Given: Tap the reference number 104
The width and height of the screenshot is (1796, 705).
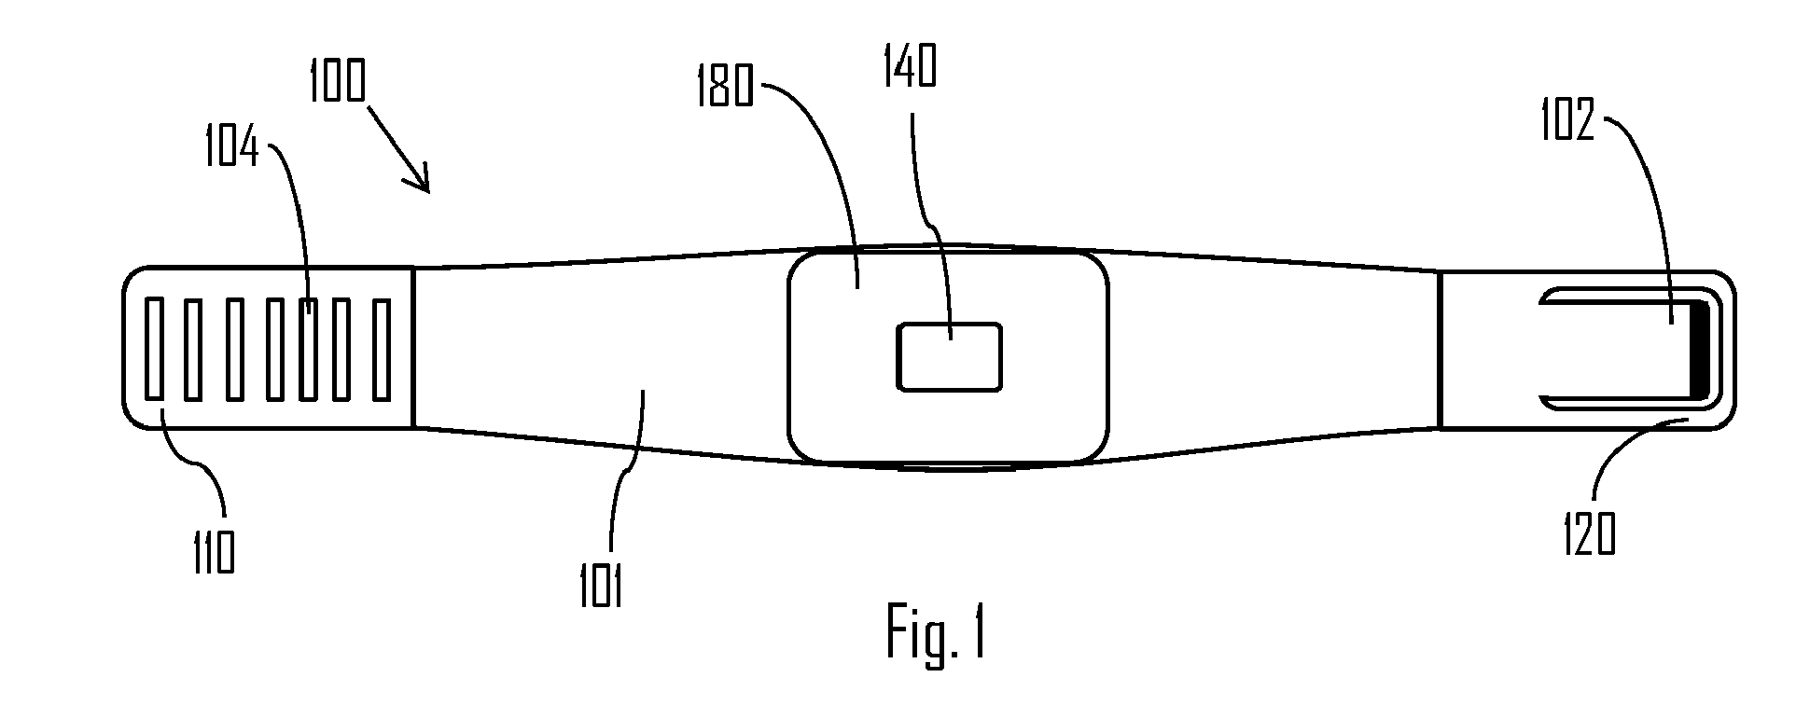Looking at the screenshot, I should (232, 148).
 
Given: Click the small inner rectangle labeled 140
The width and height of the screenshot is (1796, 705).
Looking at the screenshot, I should (949, 356).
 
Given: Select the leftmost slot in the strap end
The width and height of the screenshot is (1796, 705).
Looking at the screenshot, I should (155, 349).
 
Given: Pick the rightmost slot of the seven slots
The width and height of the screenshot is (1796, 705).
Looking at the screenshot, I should (381, 349).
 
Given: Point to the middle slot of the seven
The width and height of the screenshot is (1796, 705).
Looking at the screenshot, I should (268, 349).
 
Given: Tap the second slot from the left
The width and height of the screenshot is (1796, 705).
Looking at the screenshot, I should (193, 349).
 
